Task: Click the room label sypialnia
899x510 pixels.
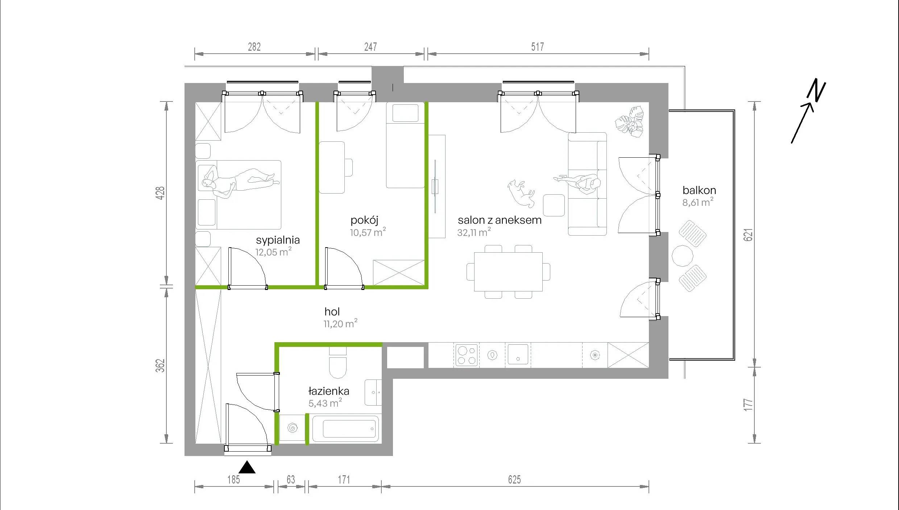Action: (278, 240)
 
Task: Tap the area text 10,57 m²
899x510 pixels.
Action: (368, 232)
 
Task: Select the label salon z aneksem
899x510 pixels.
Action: (500, 220)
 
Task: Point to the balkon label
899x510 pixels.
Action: (699, 190)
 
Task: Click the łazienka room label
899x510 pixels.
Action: (329, 391)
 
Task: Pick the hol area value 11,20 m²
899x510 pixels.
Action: (340, 323)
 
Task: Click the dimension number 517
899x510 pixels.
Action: (538, 47)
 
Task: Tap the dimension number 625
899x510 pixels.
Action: (514, 480)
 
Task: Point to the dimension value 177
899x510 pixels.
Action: (748, 405)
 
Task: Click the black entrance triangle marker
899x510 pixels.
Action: (247, 467)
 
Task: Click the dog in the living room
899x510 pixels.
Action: (521, 193)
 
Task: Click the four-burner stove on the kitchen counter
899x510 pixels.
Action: (467, 355)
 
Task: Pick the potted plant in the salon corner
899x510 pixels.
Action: (629, 122)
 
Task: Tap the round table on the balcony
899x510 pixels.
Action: (683, 256)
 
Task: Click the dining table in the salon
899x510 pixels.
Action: (508, 272)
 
